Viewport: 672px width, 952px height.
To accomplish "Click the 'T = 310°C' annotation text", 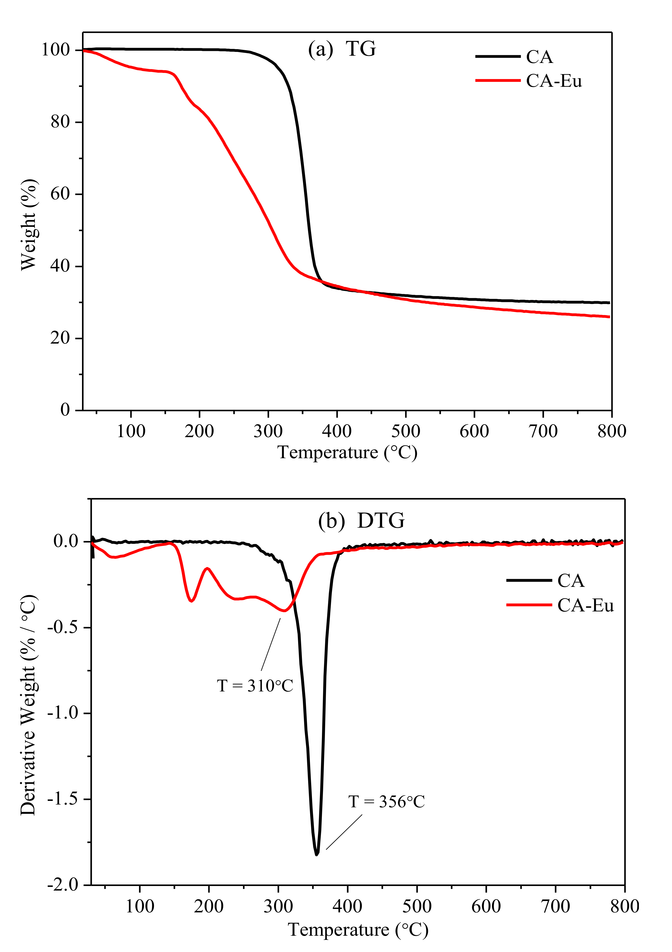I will [255, 686].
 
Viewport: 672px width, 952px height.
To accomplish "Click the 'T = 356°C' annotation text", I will [386, 802].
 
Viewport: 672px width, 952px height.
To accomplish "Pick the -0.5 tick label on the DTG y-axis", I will [63, 627].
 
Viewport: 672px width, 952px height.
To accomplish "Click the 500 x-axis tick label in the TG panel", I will [405, 432].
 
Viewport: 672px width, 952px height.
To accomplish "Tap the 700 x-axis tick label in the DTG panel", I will [555, 907].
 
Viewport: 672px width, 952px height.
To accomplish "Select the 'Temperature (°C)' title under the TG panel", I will [347, 452].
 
